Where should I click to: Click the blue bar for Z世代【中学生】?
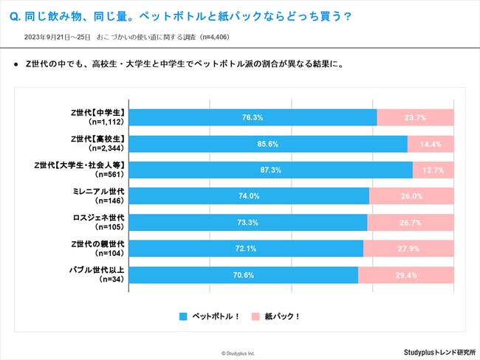253,117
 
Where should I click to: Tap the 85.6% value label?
269,143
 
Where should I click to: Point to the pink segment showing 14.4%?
431,143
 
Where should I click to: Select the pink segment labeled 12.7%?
433,170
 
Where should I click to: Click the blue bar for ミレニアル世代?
250,195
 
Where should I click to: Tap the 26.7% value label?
411,222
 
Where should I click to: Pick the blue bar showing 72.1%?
247,249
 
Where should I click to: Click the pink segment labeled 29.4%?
406,275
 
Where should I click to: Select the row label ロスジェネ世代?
100,218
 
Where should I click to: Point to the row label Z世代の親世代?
100,244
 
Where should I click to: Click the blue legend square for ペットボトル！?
184,316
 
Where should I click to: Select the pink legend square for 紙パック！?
255,316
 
